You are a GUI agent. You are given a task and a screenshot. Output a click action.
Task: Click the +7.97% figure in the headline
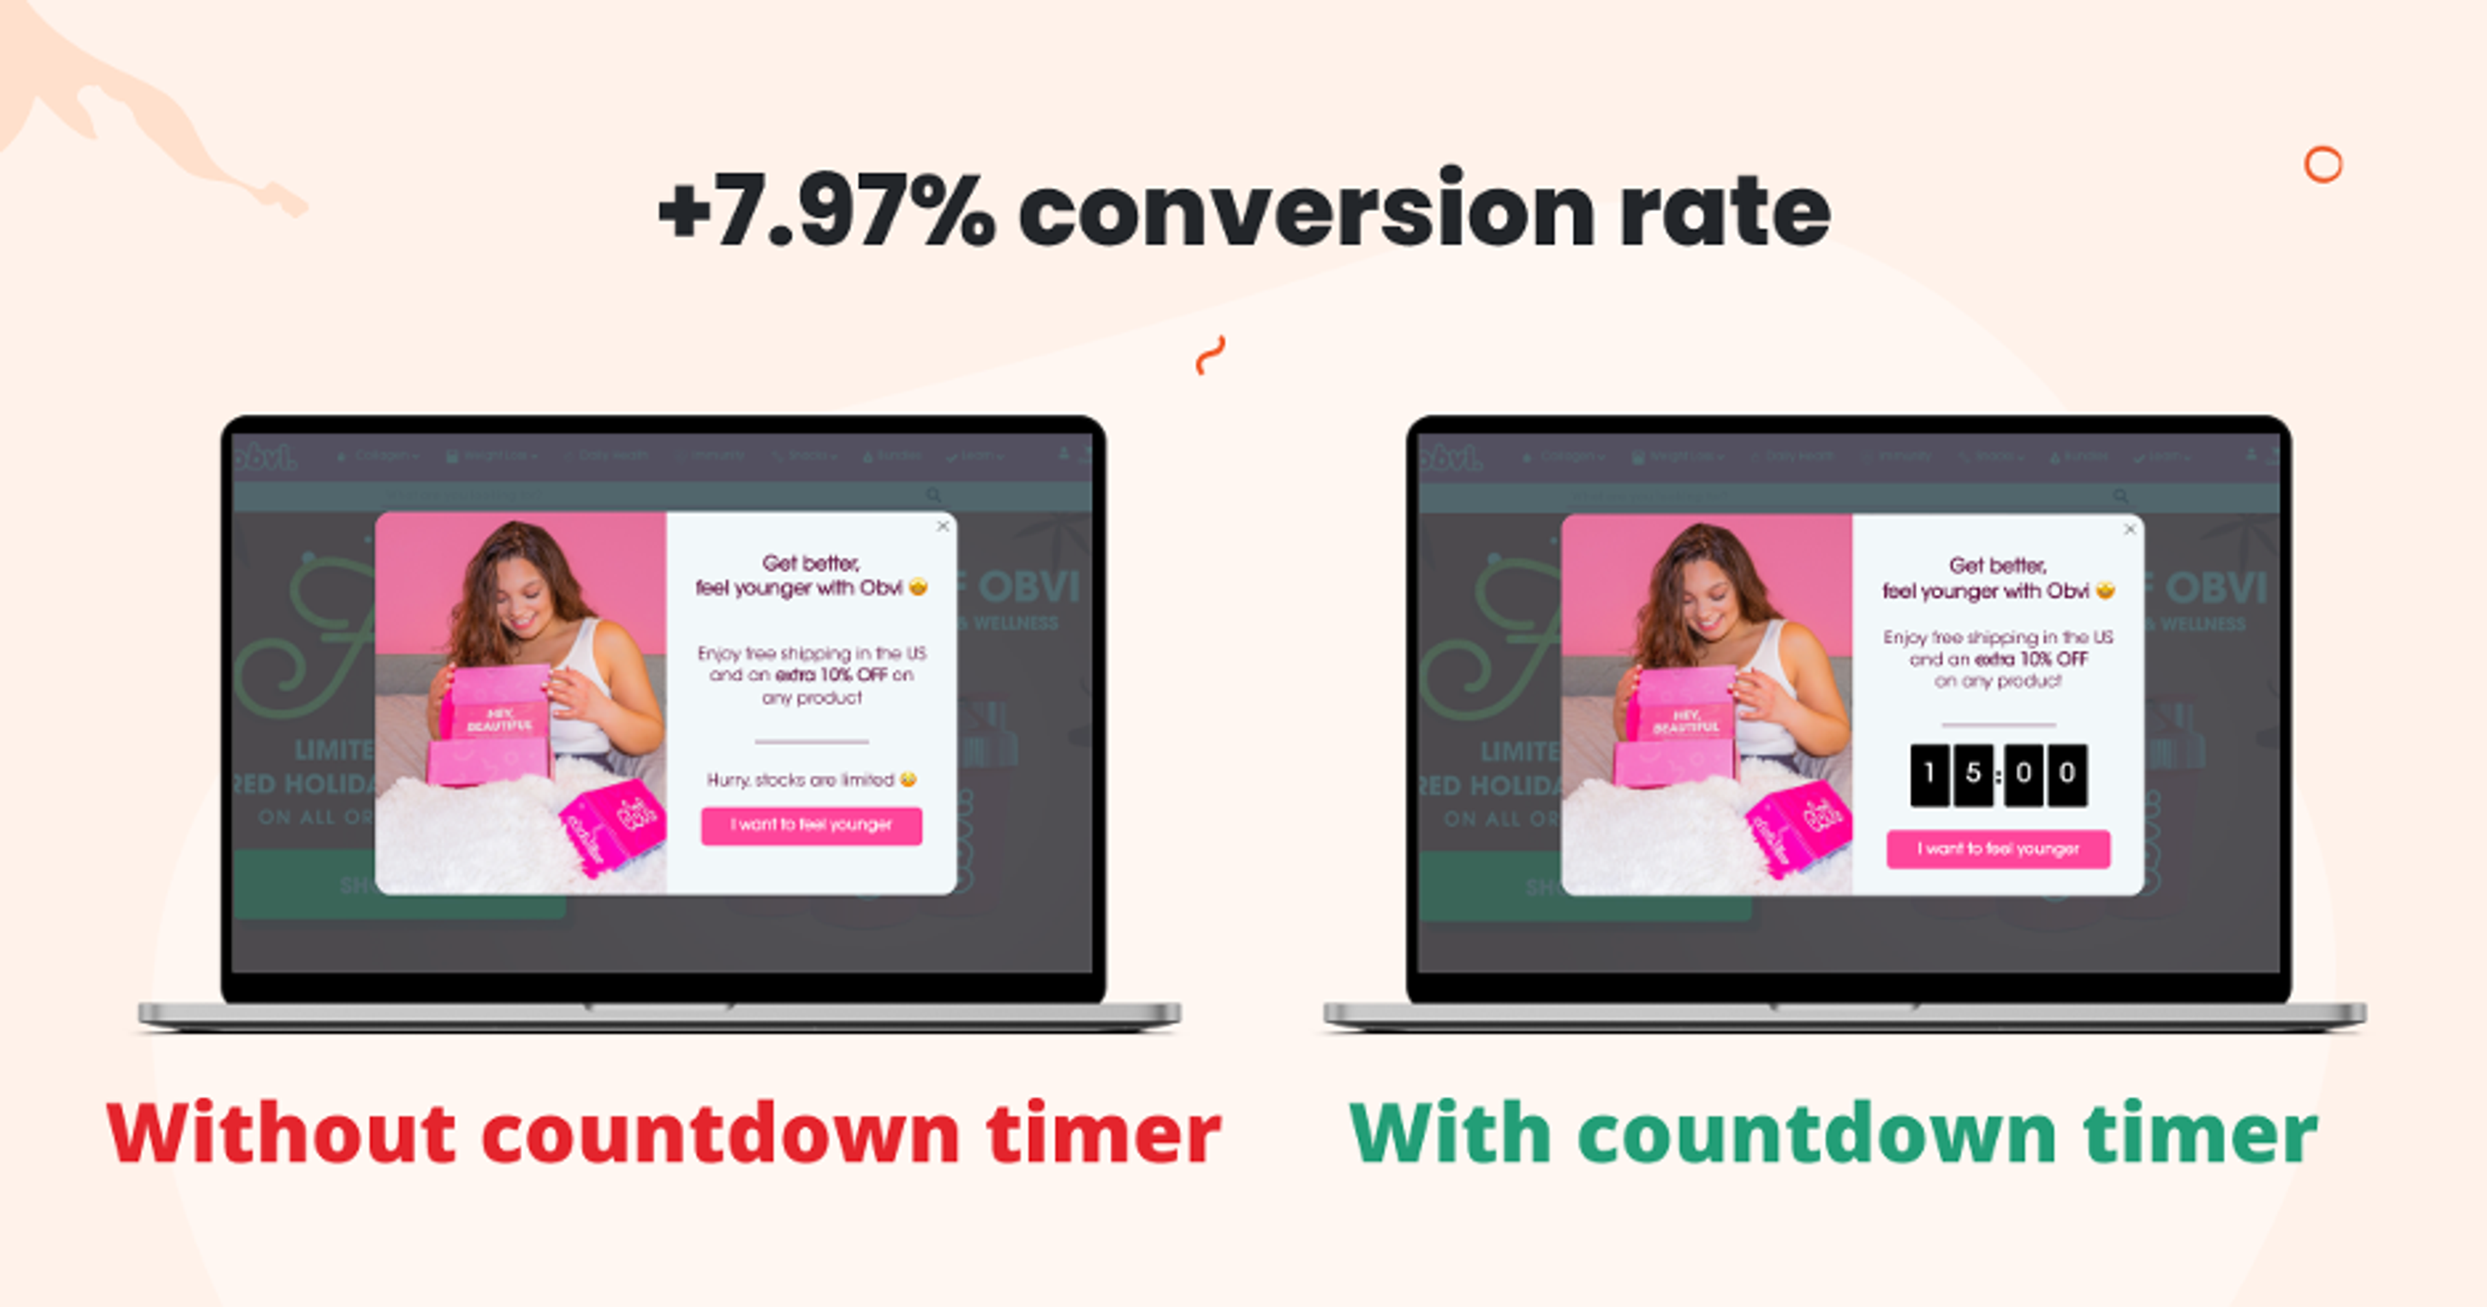[826, 211]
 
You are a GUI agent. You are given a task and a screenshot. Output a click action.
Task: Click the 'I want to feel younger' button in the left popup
[811, 825]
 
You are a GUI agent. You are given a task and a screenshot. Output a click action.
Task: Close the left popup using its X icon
[943, 526]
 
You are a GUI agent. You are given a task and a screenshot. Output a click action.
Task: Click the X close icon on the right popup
[2129, 529]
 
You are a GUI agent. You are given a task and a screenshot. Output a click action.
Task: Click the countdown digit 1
[1929, 774]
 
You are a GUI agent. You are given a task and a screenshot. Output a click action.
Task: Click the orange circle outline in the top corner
[2323, 165]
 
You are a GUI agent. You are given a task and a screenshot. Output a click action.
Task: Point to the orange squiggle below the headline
[1210, 355]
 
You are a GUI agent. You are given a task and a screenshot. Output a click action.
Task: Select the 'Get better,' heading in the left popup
[811, 563]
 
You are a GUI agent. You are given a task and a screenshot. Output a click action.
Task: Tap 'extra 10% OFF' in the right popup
[2031, 659]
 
